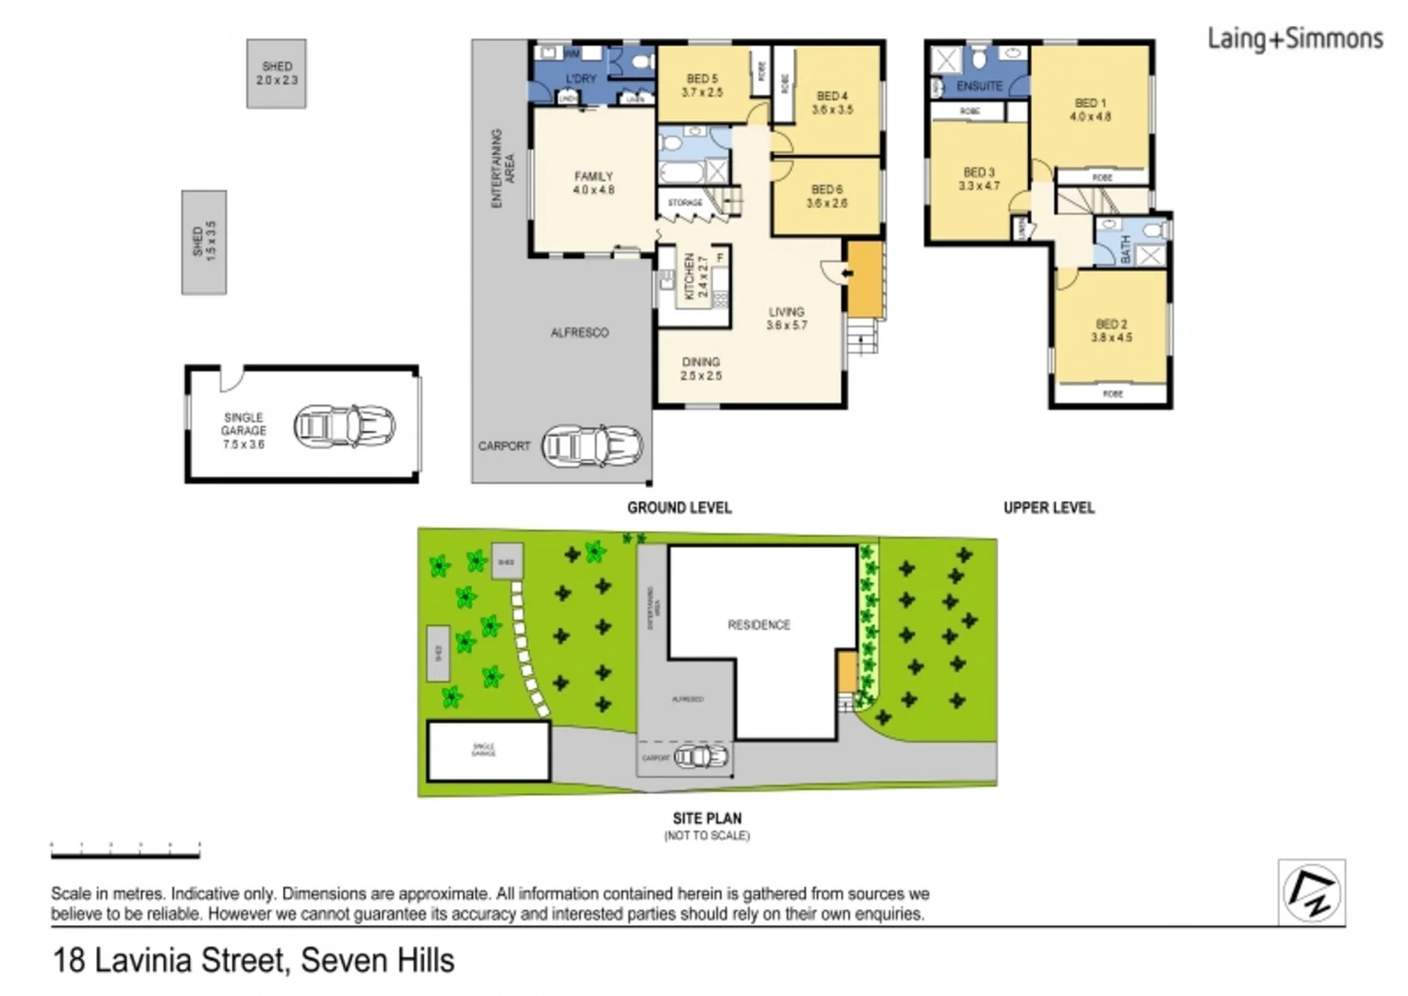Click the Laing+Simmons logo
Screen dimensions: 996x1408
[1295, 39]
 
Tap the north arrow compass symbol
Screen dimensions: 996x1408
[1311, 893]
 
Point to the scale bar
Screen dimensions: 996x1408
[125, 852]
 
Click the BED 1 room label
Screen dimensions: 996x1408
[1090, 110]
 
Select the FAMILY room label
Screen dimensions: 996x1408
[593, 183]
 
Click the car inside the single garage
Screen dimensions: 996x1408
[344, 426]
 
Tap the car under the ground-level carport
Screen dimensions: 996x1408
[592, 445]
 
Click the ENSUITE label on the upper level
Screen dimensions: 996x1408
[978, 86]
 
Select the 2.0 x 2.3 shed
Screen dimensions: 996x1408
[277, 73]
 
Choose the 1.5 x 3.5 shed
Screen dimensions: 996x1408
[204, 242]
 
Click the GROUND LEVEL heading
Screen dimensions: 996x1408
[679, 507]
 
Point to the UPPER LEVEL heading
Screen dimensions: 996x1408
[1048, 507]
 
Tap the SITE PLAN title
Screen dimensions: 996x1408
[706, 818]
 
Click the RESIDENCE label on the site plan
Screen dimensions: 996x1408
[759, 624]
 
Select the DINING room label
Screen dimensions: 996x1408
[701, 369]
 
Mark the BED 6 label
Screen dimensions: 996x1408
[826, 196]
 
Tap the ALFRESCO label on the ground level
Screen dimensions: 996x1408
[579, 332]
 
